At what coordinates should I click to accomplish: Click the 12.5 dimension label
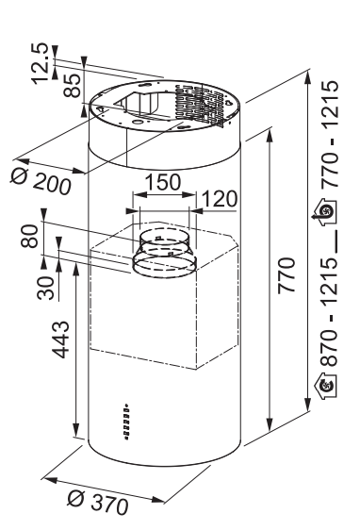click(x=40, y=63)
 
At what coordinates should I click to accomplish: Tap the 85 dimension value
click(x=73, y=86)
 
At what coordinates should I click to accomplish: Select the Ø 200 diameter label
click(x=41, y=181)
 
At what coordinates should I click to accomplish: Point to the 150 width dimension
click(x=163, y=182)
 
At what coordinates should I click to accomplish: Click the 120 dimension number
click(x=220, y=199)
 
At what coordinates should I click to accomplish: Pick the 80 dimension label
click(x=30, y=236)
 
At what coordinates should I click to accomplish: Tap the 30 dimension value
click(x=45, y=288)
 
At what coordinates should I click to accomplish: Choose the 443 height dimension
click(x=60, y=340)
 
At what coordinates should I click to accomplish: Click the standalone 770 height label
click(x=286, y=275)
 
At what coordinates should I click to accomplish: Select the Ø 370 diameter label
click(x=98, y=503)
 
